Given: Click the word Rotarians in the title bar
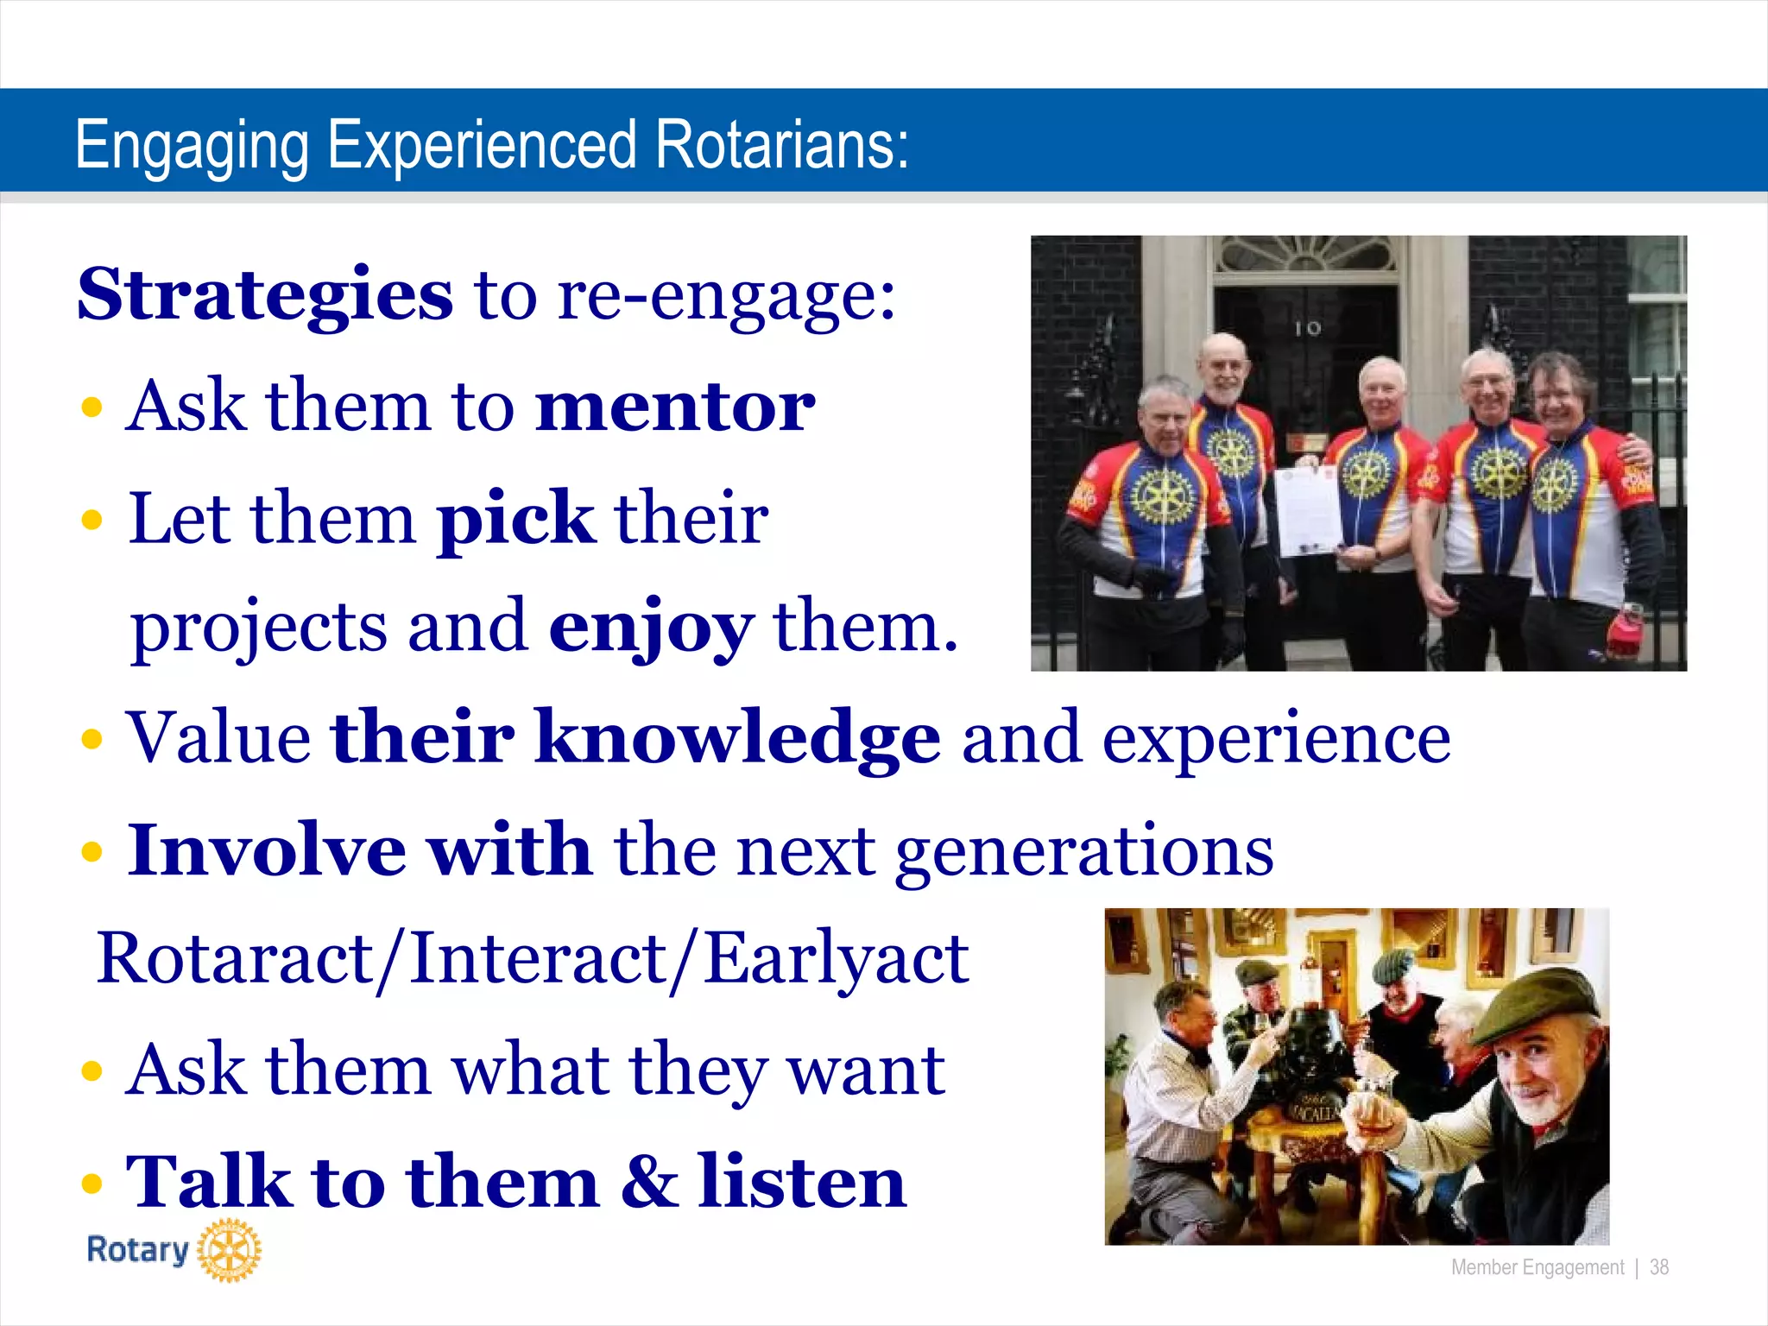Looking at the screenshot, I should point(781,145).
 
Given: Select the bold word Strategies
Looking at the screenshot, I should point(265,296).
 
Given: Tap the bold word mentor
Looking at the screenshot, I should point(675,407).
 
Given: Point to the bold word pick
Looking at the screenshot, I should point(515,520).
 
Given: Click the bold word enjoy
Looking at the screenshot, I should point(651,628).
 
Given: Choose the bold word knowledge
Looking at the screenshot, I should point(737,739).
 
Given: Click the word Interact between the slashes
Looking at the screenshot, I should point(536,959).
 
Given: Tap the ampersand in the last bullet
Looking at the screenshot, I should point(648,1181).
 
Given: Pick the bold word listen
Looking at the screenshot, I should point(802,1181).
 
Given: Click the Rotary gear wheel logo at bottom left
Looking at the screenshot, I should point(229,1250).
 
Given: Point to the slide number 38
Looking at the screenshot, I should point(1659,1267).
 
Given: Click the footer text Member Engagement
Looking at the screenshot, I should point(1538,1267).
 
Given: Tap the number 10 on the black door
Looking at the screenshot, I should point(1308,328).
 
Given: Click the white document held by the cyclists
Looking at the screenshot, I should point(1309,511).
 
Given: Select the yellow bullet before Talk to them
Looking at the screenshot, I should point(92,1184).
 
